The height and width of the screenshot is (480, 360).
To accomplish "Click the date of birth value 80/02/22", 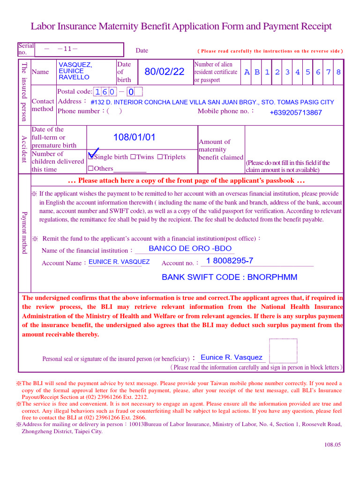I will [x=165, y=72].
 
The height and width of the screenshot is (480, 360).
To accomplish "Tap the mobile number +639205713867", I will [x=296, y=112].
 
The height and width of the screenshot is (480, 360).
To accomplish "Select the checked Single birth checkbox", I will [x=91, y=157].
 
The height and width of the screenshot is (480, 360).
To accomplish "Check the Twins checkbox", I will [x=133, y=157].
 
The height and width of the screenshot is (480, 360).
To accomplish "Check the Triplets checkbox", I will [x=160, y=157].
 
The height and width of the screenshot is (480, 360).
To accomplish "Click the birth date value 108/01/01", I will [x=134, y=137].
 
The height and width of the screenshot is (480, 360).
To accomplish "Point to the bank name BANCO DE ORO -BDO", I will [x=190, y=248].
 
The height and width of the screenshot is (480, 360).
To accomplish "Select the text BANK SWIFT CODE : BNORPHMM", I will [x=229, y=277].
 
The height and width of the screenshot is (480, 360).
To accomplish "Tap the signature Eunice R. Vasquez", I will [x=232, y=357].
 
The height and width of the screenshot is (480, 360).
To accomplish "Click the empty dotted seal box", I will [x=283, y=351].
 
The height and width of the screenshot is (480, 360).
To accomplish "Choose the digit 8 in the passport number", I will [x=338, y=72].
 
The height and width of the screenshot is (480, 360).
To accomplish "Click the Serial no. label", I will [x=25, y=49].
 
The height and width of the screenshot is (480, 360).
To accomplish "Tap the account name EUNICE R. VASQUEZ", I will [x=119, y=262].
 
